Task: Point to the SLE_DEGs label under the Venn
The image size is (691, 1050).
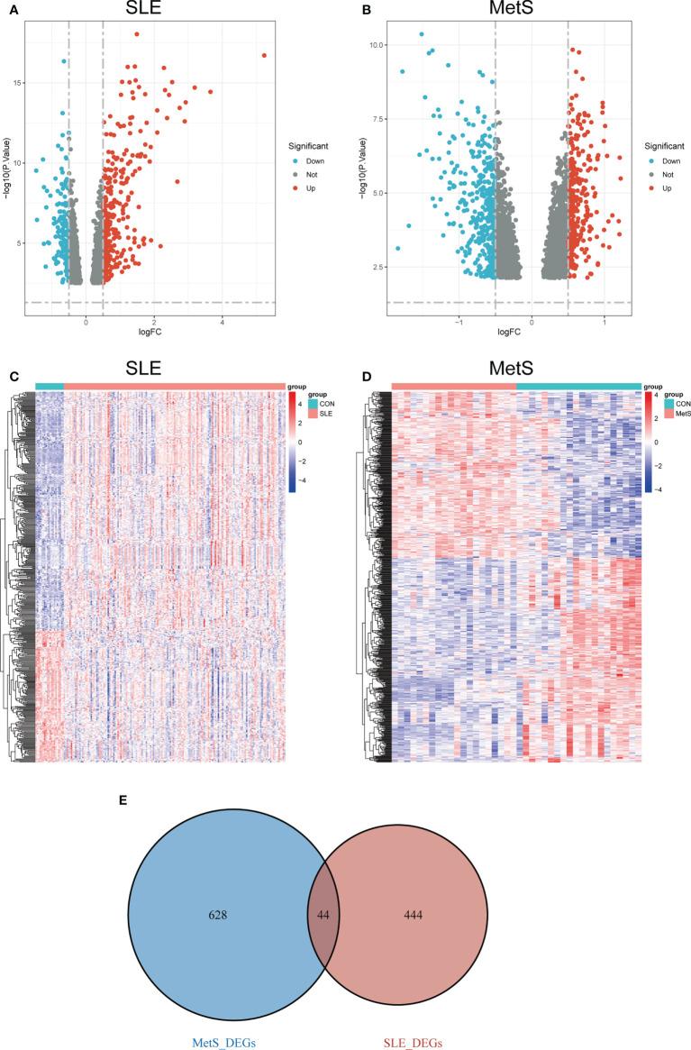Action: pos(414,1036)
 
